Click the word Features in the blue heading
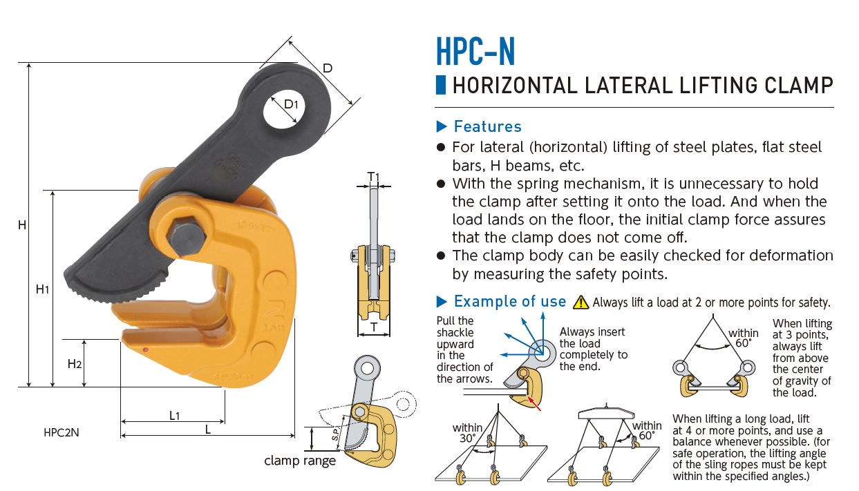click(x=487, y=126)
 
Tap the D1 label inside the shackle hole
click(x=292, y=105)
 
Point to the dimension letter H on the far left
click(x=22, y=225)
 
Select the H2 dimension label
click(x=75, y=363)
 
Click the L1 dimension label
click(x=174, y=415)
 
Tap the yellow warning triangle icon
click(x=581, y=302)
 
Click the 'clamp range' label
click(x=300, y=461)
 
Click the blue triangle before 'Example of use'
click(x=443, y=302)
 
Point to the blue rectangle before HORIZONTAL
click(x=440, y=86)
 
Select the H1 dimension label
click(x=42, y=289)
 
